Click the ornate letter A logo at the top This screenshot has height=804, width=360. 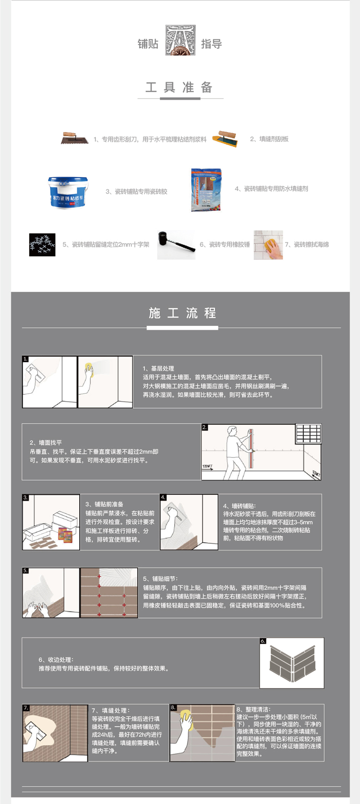point(180,40)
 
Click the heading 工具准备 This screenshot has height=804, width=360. point(180,87)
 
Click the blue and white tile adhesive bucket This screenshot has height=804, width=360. point(68,192)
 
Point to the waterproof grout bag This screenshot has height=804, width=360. point(206,190)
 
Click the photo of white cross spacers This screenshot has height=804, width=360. point(42,244)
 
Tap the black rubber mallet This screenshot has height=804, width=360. point(175,244)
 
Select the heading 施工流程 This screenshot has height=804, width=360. point(182,313)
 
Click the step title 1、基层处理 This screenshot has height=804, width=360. point(158,368)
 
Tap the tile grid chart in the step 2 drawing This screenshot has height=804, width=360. point(308,434)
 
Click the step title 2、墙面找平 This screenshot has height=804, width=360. point(46,443)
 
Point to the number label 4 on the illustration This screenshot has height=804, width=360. point(163,497)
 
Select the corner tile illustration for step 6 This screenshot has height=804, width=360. point(292,664)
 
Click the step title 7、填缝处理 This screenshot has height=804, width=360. point(110,710)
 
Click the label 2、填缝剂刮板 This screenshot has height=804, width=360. point(269,139)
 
